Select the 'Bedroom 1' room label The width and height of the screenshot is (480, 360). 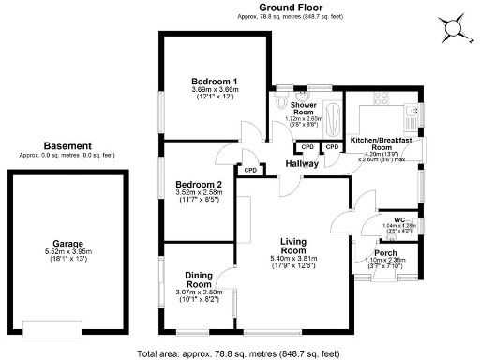coord(214,82)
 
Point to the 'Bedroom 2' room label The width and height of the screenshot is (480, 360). coord(199,185)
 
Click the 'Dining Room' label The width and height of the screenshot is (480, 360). coord(198,279)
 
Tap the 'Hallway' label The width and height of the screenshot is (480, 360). coord(303,164)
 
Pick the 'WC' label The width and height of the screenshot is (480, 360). coord(398,220)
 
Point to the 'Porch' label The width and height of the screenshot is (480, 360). coord(384,253)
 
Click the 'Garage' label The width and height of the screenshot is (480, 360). coord(67,242)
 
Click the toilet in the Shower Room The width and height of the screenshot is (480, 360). coord(303,97)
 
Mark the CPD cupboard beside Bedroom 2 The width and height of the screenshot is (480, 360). coord(249,171)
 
